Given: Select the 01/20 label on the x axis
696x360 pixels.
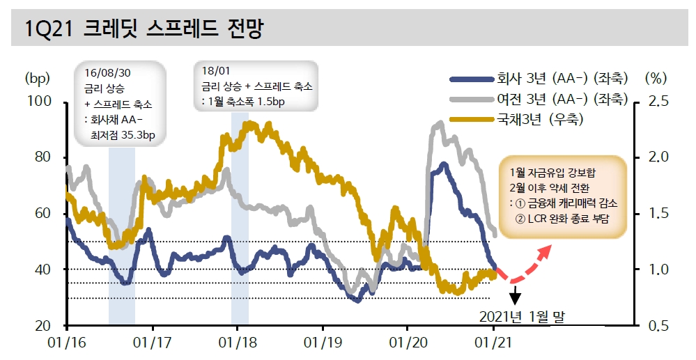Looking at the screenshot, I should (408, 343).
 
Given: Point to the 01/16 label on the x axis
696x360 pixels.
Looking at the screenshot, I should (67, 343).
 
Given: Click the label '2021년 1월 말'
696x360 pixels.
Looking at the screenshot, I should (521, 317).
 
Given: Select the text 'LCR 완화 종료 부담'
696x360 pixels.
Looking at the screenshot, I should (562, 218).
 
